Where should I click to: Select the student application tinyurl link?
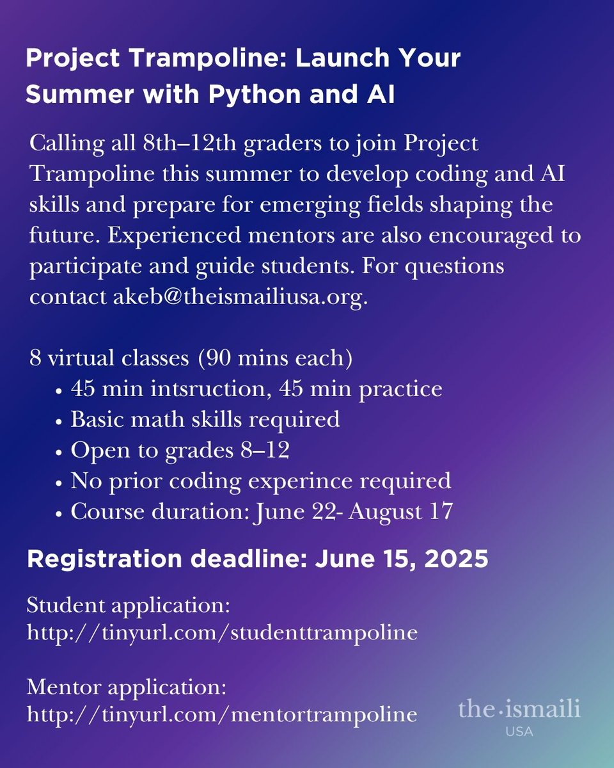coord(222,632)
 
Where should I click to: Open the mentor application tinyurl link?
coord(222,714)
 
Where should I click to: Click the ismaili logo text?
coord(519,709)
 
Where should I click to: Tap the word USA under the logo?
coord(519,731)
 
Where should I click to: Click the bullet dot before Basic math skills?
coord(59,420)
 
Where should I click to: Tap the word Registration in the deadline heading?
coord(100,559)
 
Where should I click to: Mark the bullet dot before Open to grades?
coord(59,451)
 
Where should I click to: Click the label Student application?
coord(128,605)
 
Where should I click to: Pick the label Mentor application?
coord(127,687)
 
